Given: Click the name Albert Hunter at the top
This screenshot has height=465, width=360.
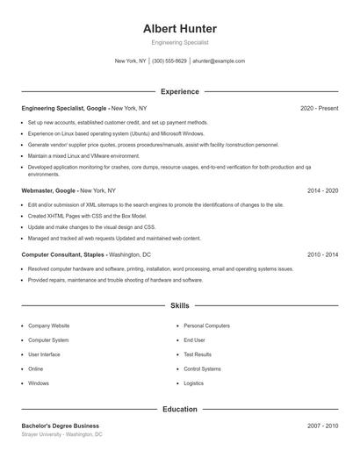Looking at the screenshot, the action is (x=180, y=28).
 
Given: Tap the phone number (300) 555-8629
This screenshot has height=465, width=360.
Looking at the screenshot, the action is (x=169, y=61).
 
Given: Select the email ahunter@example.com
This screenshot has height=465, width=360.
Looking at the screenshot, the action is (x=219, y=61).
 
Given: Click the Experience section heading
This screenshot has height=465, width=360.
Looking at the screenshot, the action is (x=180, y=91).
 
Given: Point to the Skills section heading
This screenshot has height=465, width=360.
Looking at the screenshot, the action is (x=180, y=306).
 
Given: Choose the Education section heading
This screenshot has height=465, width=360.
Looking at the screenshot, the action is (x=180, y=409).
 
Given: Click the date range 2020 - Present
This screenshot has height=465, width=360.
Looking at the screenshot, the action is (x=319, y=108).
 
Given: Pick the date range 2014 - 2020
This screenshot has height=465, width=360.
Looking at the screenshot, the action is (x=322, y=190).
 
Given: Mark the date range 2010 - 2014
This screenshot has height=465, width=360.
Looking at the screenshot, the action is (x=322, y=254).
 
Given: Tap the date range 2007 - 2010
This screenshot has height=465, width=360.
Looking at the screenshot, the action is (x=322, y=426).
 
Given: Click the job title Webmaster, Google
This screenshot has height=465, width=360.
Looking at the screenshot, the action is (x=49, y=190).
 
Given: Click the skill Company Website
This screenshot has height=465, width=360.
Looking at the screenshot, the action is (x=48, y=325).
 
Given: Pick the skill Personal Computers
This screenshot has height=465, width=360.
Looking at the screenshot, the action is (x=206, y=325).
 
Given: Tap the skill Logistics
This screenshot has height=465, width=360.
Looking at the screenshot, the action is (x=193, y=383).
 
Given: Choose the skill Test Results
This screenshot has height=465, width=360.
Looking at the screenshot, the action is (x=198, y=354).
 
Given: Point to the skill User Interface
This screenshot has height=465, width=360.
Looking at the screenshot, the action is (x=44, y=354).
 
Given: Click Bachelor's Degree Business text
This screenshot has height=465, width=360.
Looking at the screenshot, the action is (x=61, y=426).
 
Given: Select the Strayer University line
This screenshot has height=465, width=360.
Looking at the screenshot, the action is (x=61, y=434).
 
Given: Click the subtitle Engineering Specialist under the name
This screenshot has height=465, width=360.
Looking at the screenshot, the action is (x=180, y=42).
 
